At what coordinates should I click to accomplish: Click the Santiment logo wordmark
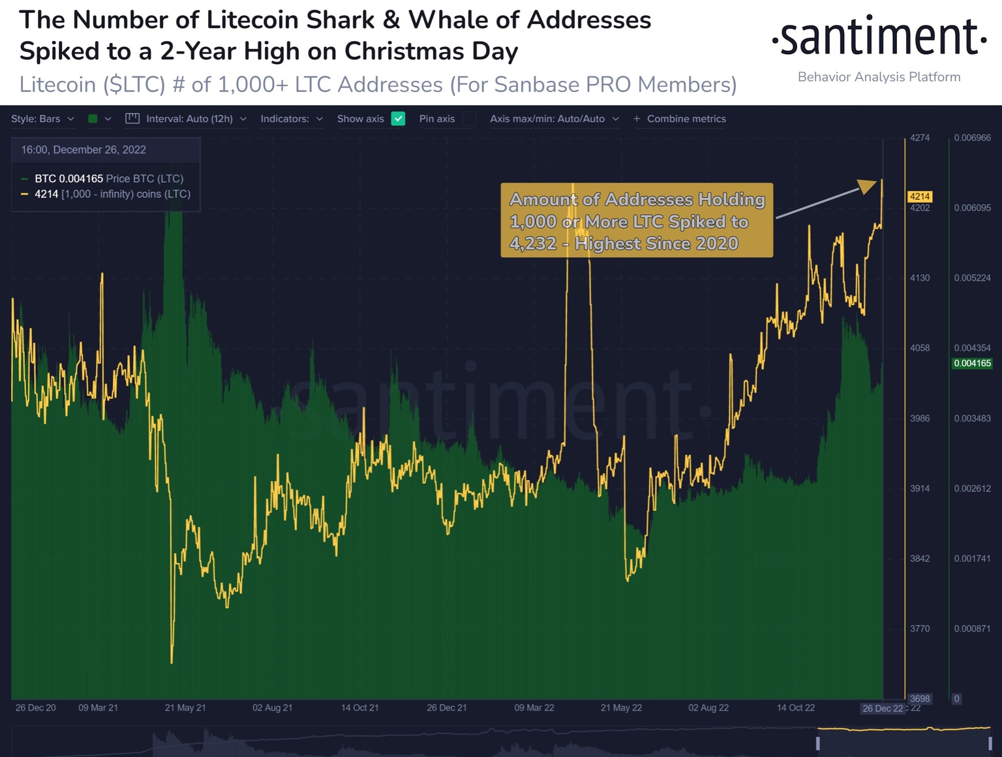point(879,38)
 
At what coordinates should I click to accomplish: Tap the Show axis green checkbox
point(398,119)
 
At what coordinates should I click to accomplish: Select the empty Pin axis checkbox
point(469,119)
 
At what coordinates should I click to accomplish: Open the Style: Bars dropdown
point(42,119)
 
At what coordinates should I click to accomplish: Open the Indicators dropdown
point(291,119)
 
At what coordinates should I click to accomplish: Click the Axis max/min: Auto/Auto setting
point(554,119)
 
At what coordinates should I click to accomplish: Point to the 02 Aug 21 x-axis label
point(272,708)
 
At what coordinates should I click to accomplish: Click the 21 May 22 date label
point(621,708)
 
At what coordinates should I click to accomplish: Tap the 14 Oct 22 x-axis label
point(795,708)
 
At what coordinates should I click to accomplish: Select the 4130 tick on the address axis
point(920,278)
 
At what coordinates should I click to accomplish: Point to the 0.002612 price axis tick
point(972,489)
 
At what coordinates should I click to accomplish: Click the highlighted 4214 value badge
point(920,196)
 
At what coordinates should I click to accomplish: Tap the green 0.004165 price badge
point(972,363)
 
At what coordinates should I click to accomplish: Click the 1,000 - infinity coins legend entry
point(112,194)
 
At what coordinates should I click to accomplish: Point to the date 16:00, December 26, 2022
point(83,150)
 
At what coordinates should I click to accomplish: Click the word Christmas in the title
point(404,51)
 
